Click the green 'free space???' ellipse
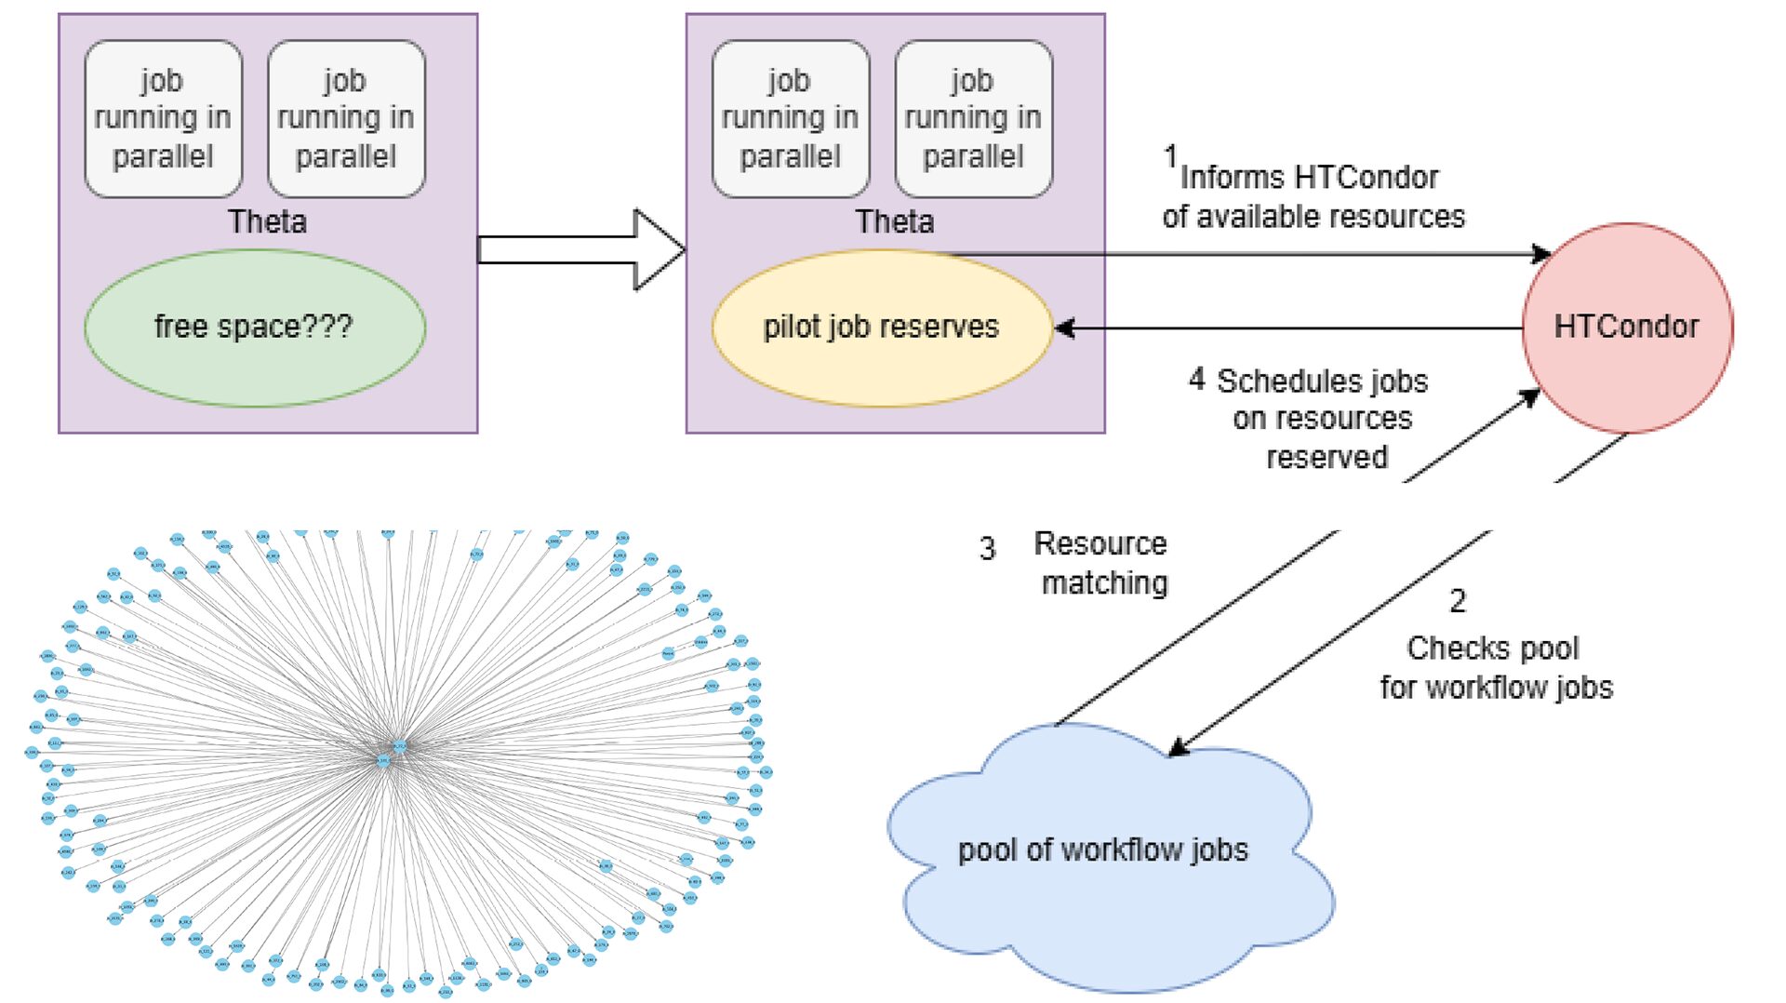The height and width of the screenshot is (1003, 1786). tap(254, 328)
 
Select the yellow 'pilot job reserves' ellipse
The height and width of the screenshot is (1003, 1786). tap(881, 328)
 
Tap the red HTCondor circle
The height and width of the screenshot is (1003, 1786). tap(1627, 328)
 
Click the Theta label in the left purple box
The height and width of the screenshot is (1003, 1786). tap(267, 221)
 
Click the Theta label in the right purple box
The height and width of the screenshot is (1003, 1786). tap(894, 221)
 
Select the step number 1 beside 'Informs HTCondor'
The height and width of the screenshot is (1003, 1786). tap(1170, 156)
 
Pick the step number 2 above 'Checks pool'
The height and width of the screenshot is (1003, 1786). tap(1458, 601)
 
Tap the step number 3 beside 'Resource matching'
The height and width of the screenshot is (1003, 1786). tap(987, 549)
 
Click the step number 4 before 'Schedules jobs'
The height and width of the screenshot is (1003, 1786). tap(1196, 379)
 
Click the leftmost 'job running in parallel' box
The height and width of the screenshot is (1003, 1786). tap(163, 118)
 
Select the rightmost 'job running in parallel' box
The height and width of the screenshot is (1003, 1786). tap(973, 118)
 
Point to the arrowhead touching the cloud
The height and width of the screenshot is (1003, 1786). tap(1179, 747)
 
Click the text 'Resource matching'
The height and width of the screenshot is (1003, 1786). tap(1102, 563)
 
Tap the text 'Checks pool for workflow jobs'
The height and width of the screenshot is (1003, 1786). tap(1495, 668)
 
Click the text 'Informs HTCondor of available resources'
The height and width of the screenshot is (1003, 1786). tap(1313, 196)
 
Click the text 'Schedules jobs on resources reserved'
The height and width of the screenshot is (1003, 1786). tap(1323, 419)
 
